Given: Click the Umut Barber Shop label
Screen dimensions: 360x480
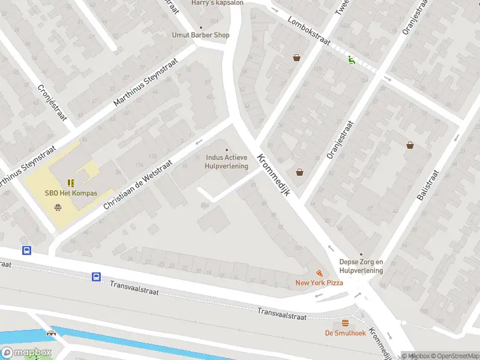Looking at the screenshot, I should (200, 35).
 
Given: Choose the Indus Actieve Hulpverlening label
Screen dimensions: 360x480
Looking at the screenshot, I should (227, 162).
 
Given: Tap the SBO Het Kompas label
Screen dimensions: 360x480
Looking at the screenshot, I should (71, 193).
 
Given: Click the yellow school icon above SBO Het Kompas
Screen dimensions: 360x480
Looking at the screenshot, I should (71, 182).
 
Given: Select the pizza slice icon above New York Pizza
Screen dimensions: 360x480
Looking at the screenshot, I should (319, 272).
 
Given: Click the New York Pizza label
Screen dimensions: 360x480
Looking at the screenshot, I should (319, 283).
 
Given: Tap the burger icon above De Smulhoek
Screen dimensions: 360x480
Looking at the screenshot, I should (345, 323).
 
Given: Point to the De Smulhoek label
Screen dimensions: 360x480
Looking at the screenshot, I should (345, 333).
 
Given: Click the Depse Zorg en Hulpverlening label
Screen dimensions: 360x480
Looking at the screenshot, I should (361, 266).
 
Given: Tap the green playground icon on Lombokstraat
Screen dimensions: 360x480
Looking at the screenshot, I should (351, 59).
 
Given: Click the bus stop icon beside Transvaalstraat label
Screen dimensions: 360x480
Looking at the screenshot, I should (96, 277).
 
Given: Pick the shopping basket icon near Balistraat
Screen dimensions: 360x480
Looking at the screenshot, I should (410, 145).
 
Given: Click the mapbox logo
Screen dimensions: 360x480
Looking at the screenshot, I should (25, 353).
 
